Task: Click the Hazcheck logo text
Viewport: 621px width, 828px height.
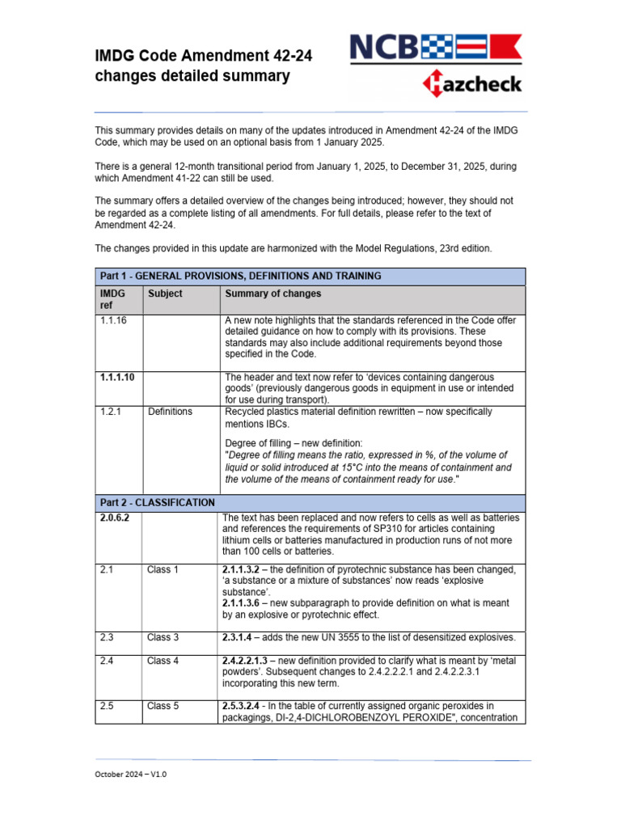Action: point(472,84)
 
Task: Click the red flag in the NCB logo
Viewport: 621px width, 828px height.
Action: point(507,49)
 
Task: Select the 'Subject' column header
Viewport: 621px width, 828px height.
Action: point(165,294)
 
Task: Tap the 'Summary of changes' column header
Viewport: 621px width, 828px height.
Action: point(272,294)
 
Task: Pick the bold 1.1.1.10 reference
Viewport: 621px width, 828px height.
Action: point(117,377)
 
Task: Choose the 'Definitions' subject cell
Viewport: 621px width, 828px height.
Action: point(170,412)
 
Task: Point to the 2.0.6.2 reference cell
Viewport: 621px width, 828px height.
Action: point(116,517)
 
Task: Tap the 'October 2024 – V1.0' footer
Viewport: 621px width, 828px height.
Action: point(131,774)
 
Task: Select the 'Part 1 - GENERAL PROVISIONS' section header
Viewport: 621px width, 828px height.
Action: point(239,276)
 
